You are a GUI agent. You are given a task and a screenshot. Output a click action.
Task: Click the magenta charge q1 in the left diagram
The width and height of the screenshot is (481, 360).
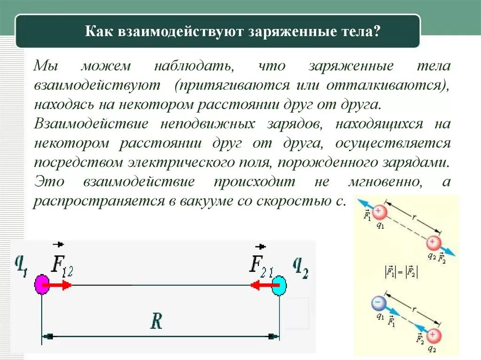point(42,285)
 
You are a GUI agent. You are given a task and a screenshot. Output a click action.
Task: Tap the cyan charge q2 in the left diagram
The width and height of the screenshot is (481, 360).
point(279,285)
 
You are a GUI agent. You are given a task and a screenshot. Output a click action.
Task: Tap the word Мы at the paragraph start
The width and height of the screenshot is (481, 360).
point(45,66)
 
